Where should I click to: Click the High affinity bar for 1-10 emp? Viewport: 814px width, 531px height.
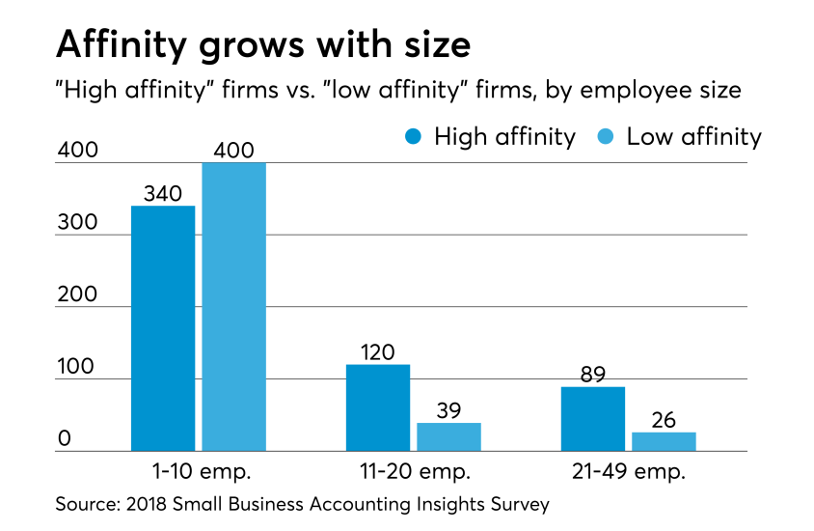pyautogui.click(x=163, y=328)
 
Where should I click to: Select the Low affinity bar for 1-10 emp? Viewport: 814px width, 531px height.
pyautogui.click(x=233, y=306)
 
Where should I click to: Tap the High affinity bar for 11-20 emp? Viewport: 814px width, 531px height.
pyautogui.click(x=377, y=407)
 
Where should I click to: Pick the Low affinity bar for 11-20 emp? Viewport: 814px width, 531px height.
pyautogui.click(x=448, y=436)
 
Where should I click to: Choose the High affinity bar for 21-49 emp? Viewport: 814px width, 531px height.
pyautogui.click(x=592, y=418)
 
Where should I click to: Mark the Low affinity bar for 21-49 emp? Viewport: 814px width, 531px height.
pyautogui.click(x=664, y=441)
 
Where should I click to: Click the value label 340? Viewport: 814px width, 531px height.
pyautogui.click(x=163, y=193)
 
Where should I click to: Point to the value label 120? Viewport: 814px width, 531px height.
pyautogui.click(x=377, y=351)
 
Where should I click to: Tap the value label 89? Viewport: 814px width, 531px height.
pyautogui.click(x=592, y=374)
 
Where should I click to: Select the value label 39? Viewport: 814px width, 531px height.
pyautogui.click(x=448, y=410)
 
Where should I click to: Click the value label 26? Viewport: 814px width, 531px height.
pyautogui.click(x=664, y=420)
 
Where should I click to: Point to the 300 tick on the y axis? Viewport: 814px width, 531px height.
pyautogui.click(x=76, y=222)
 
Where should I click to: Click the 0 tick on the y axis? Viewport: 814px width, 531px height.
pyautogui.click(x=64, y=439)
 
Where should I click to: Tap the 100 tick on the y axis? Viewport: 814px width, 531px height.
pyautogui.click(x=76, y=367)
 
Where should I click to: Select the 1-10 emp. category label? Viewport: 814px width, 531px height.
pyautogui.click(x=199, y=472)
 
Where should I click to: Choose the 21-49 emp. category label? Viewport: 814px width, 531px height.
pyautogui.click(x=628, y=472)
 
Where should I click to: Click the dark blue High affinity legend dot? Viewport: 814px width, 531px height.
pyautogui.click(x=414, y=137)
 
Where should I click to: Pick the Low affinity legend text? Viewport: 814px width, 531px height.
pyautogui.click(x=693, y=137)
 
